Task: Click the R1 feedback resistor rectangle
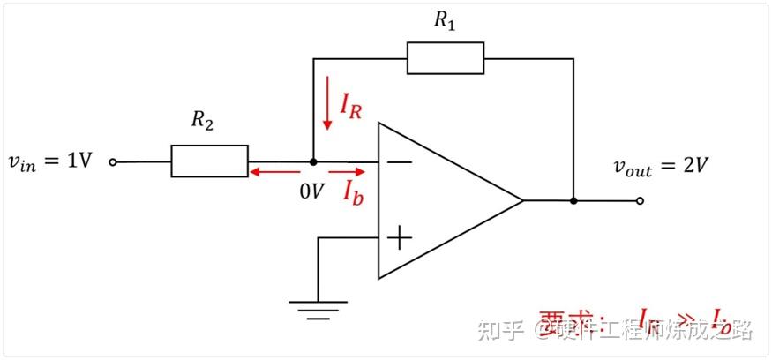pos(445,58)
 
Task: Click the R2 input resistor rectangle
pos(209,162)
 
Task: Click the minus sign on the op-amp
pos(400,162)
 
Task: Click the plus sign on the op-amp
pos(400,237)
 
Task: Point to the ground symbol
pos(318,306)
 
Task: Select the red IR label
pos(350,105)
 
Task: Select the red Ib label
pos(353,192)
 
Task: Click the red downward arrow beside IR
pos(327,103)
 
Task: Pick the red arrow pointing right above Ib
pos(346,173)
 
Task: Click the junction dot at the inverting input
pos(313,162)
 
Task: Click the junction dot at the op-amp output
pos(573,200)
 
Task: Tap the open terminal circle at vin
pos(113,162)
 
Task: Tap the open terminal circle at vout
pos(641,200)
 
